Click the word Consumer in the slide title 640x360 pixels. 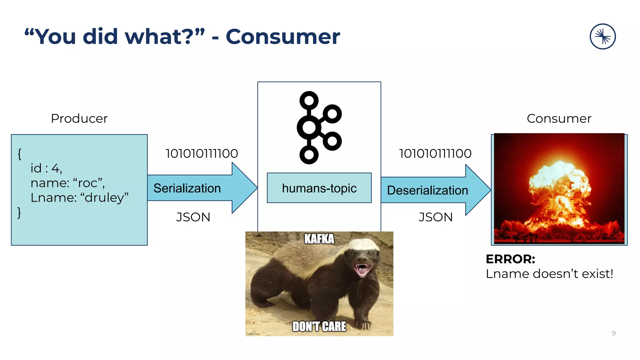282,37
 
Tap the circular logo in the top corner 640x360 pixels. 602,37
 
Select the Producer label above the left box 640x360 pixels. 79,118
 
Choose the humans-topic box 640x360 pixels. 319,188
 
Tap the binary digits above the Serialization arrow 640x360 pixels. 202,153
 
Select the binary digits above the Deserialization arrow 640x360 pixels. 435,153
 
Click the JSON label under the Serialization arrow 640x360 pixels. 193,217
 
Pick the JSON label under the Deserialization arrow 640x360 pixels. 436,217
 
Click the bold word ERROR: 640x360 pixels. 510,259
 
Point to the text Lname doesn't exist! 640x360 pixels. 549,274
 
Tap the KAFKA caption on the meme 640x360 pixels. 319,239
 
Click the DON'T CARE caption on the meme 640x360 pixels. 319,327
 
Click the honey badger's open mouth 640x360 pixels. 362,269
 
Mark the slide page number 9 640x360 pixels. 614,333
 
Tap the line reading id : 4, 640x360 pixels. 46,168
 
